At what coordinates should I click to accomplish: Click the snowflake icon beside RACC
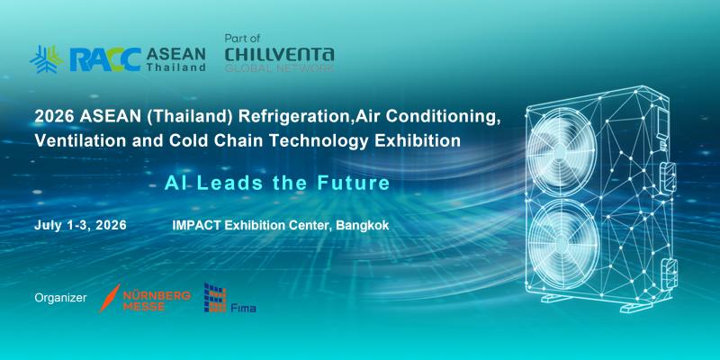coord(47,59)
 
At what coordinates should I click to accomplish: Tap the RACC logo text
coord(105,59)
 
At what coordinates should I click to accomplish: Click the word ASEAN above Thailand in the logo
coord(175,54)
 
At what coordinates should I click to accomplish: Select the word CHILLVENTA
coord(279,54)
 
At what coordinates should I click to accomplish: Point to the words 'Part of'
coord(242,39)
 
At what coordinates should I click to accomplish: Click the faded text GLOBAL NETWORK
coord(279,68)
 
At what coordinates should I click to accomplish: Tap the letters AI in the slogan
coord(171,184)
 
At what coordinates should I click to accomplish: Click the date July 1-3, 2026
coord(80,226)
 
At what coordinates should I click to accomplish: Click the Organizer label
coord(60,298)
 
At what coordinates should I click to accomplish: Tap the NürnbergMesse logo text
coord(157,301)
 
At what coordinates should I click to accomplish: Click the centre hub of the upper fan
coord(561,151)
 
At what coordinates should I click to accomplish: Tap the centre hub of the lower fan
coord(563,242)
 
